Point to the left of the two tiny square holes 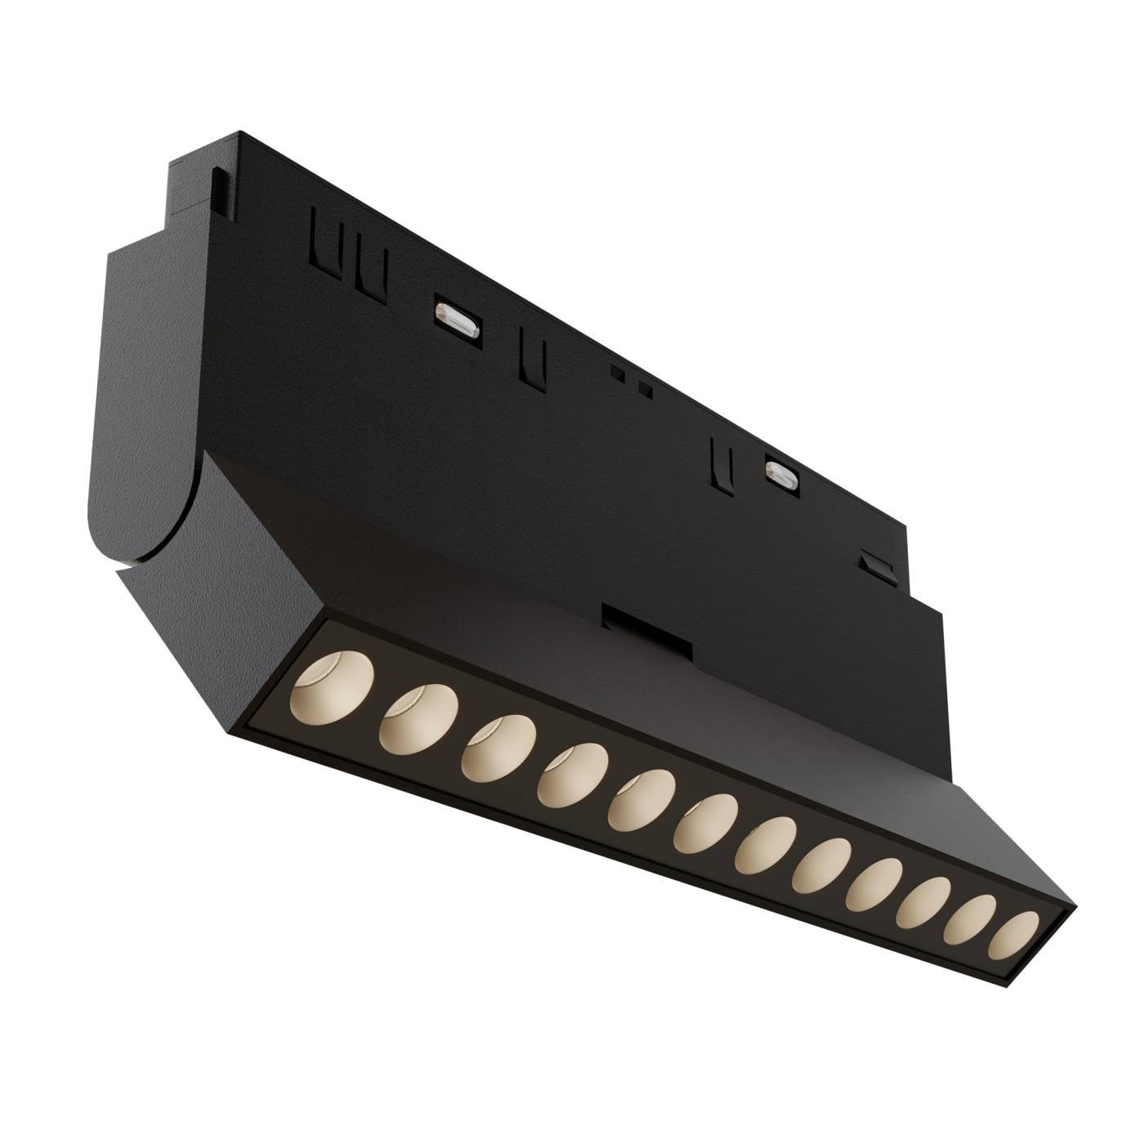tap(625, 376)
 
